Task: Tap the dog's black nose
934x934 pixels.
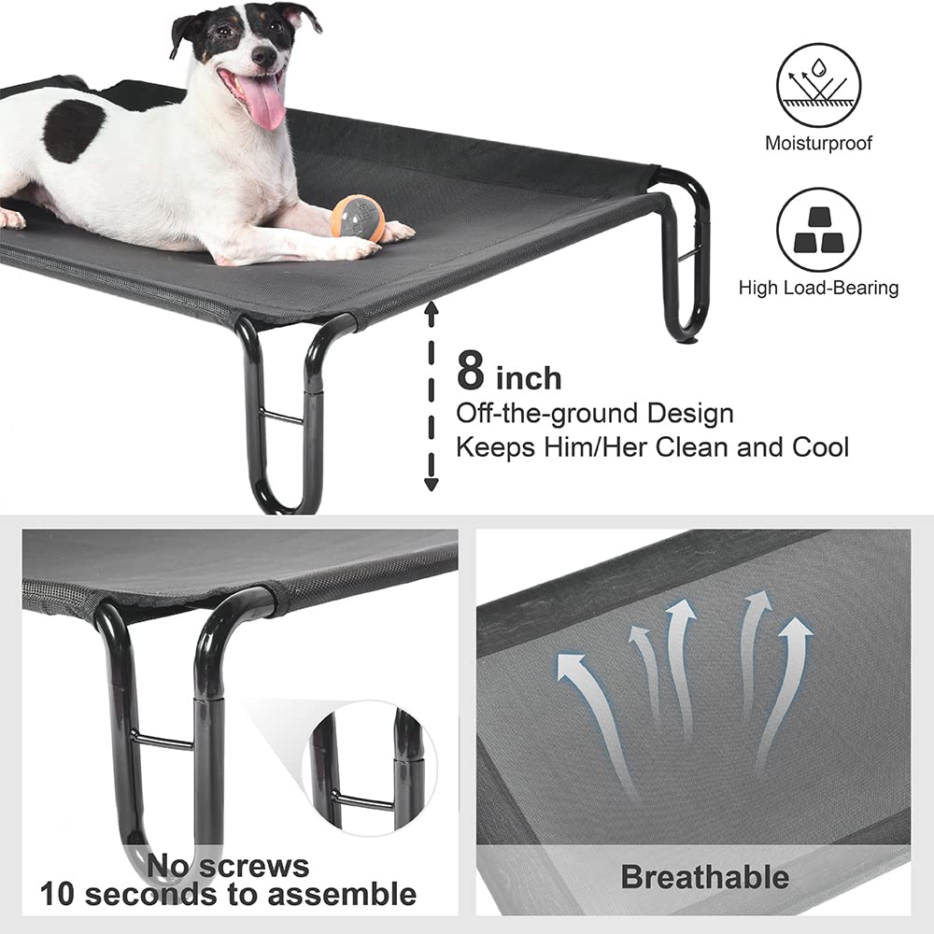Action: (265, 57)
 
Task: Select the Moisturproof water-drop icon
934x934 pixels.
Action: (818, 86)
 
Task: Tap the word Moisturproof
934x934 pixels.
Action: (818, 144)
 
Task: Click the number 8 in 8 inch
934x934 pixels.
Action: (471, 371)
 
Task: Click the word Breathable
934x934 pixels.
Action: (704, 877)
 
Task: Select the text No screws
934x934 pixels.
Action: (227, 865)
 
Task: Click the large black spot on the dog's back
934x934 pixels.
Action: (73, 130)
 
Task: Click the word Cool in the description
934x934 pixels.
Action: (816, 446)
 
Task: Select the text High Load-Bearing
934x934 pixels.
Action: (818, 288)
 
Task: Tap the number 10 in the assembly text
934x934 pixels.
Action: (54, 894)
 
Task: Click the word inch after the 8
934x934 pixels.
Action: (529, 377)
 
